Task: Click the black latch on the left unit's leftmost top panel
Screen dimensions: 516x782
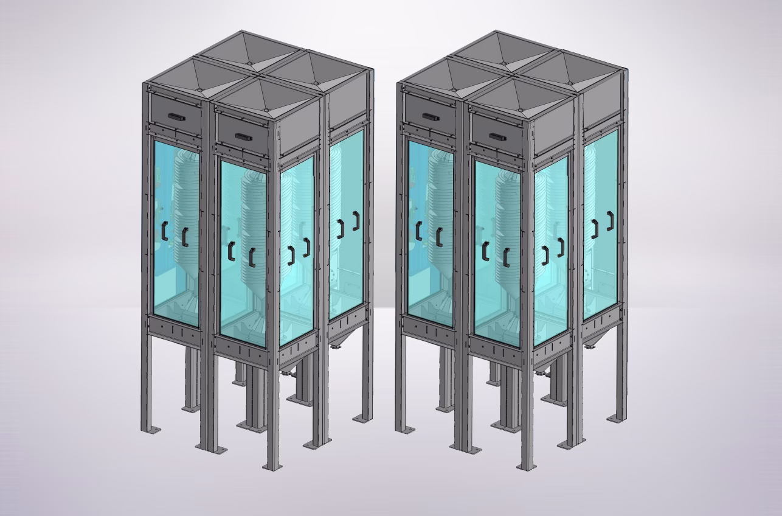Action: [177, 116]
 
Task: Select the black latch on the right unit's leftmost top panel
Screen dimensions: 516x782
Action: [432, 116]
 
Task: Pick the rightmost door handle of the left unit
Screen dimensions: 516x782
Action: [356, 221]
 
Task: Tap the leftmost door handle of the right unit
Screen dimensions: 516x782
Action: [419, 231]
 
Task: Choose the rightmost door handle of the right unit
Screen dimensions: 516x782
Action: [610, 221]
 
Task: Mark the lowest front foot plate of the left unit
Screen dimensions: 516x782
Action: [272, 466]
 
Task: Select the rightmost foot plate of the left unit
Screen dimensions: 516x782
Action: [362, 419]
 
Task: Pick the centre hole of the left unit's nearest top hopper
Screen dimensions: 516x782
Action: [267, 110]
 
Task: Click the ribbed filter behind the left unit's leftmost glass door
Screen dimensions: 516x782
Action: [186, 201]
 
